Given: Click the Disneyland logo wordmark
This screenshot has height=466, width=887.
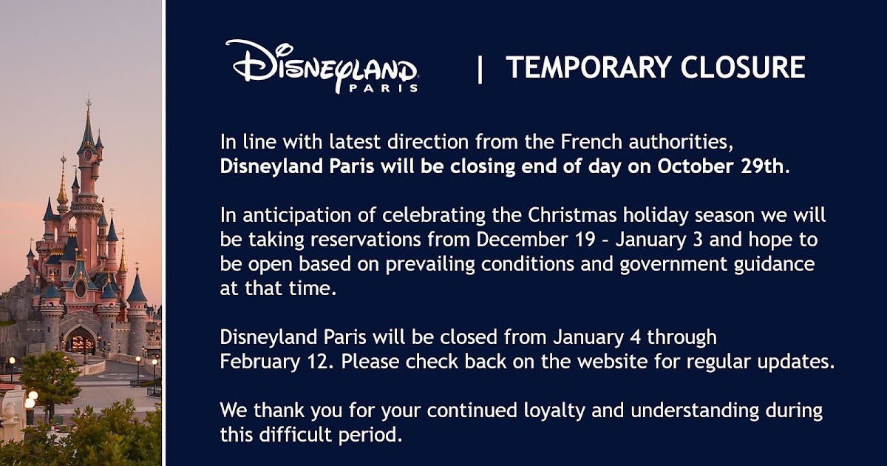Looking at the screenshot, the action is (322, 65).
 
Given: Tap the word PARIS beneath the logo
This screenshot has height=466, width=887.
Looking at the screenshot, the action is (384, 87).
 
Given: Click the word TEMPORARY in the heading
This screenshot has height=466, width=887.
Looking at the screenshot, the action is (588, 67).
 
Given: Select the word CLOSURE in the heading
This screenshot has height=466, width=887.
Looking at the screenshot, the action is (743, 67).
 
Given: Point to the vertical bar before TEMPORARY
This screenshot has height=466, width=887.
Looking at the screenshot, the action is (480, 70).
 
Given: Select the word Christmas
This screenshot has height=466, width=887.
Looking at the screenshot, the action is (572, 215).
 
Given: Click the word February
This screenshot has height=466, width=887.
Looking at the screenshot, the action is (259, 362).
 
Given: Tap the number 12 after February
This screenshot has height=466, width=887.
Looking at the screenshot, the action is (318, 362).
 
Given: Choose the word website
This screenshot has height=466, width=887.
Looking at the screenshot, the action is (611, 362).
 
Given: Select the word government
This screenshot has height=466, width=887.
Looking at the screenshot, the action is (673, 264).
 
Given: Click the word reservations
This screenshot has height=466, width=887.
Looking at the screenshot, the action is (365, 240).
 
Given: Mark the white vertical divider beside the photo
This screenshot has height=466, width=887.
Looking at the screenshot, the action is (163, 233).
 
